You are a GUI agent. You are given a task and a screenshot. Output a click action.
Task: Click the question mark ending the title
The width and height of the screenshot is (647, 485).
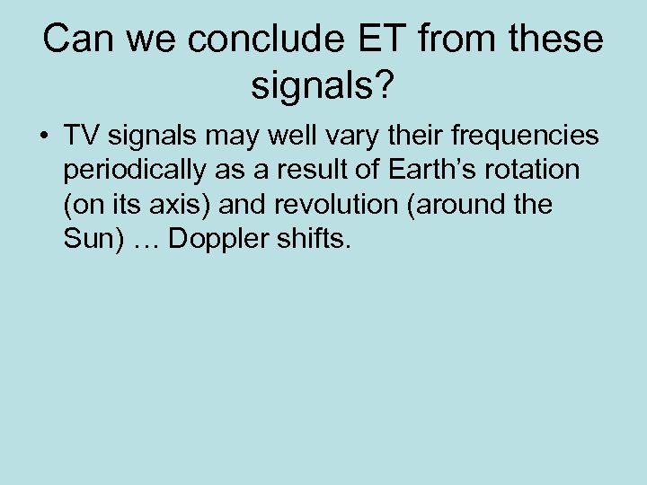pyautogui.click(x=384, y=87)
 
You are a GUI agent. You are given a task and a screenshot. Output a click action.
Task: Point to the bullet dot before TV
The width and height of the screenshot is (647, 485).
pyautogui.click(x=42, y=137)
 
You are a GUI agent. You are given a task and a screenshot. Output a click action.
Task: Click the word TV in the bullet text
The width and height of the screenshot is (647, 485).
pyautogui.click(x=82, y=136)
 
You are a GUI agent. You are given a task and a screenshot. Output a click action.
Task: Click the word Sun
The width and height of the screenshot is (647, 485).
pyautogui.click(x=89, y=240)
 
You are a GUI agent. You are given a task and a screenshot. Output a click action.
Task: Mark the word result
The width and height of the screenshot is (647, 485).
pyautogui.click(x=332, y=171)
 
